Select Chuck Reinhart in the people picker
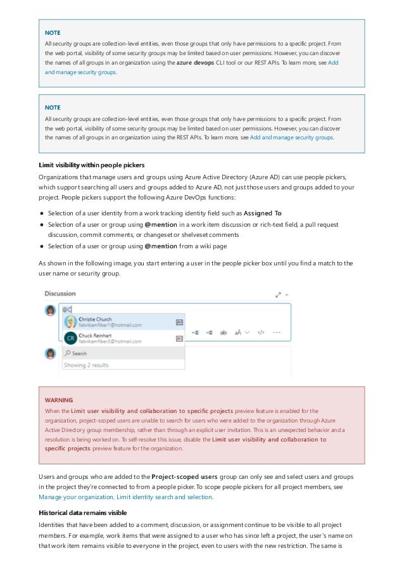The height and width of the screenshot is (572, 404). tap(97, 334)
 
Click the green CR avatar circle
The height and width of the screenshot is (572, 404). tap(70, 338)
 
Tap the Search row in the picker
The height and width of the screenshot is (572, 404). tap(80, 353)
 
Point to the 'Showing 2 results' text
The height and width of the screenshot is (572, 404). tap(86, 365)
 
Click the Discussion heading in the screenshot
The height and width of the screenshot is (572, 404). tap(60, 294)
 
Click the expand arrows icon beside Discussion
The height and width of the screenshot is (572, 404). tap(278, 295)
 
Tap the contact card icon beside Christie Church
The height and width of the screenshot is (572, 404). tap(179, 322)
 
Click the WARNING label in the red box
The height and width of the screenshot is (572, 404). tap(58, 400)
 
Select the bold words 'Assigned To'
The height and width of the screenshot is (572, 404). tap(262, 213)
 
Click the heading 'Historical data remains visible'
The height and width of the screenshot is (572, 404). tap(83, 512)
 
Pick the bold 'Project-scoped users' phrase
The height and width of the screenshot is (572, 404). tap(184, 476)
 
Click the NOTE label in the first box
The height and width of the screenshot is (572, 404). tap(53, 32)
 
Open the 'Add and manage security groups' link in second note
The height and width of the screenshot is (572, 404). tap(291, 137)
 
